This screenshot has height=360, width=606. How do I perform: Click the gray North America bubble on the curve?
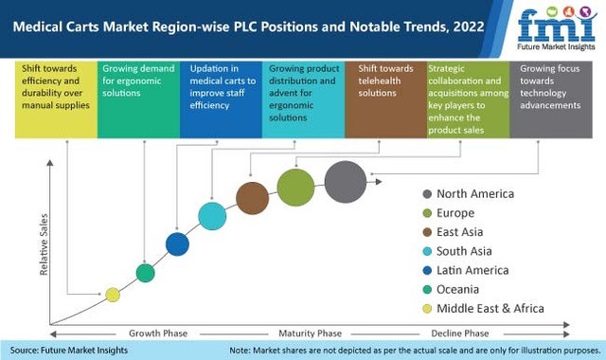click(x=345, y=182)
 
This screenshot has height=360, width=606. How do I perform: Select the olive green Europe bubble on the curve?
click(x=295, y=188)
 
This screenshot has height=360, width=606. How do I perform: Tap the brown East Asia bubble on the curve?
click(x=253, y=198)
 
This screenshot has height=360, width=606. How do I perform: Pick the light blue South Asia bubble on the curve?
click(x=212, y=216)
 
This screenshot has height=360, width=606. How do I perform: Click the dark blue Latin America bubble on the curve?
click(x=177, y=244)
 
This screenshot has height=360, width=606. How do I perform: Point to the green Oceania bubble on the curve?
click(x=145, y=273)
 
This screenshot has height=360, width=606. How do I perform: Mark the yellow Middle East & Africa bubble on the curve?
click(x=113, y=295)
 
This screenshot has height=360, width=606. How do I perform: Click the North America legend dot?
click(x=427, y=194)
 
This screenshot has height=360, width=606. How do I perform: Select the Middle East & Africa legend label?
click(x=490, y=309)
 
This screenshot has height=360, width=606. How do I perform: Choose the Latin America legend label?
click(x=472, y=270)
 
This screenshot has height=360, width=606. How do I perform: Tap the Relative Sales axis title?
click(x=44, y=244)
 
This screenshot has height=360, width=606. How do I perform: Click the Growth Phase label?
click(x=158, y=333)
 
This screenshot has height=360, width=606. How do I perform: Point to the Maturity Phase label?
click(x=310, y=333)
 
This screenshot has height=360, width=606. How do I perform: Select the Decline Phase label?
click(x=460, y=333)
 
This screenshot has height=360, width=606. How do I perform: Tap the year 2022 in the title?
click(x=469, y=27)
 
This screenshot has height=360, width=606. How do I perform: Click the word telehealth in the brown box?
click(x=379, y=81)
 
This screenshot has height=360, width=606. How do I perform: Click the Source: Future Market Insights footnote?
click(x=69, y=351)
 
